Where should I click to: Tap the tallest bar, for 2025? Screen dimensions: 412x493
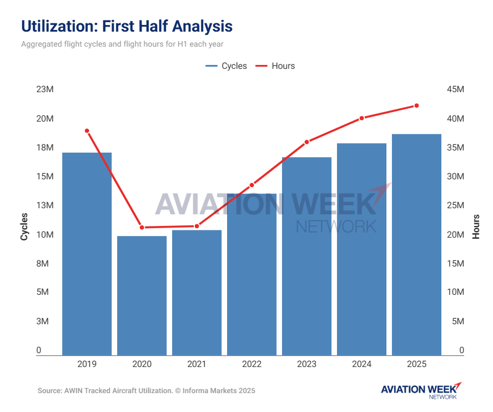(x=416, y=244)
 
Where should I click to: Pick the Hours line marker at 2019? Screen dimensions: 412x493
(x=87, y=130)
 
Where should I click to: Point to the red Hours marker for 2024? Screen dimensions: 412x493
(x=361, y=118)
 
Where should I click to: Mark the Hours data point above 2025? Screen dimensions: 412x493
(x=416, y=105)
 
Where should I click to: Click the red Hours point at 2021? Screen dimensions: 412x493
(x=197, y=226)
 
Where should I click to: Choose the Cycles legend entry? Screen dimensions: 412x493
(x=227, y=66)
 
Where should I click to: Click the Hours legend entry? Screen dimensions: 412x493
(x=275, y=66)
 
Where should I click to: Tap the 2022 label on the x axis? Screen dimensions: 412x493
(x=251, y=364)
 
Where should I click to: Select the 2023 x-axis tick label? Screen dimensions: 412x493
(x=306, y=364)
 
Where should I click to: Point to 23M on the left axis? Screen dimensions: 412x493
(x=29, y=90)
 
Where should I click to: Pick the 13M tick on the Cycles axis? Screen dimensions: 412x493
(x=29, y=205)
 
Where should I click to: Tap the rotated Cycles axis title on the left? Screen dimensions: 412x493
(x=24, y=226)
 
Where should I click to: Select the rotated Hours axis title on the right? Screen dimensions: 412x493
(x=476, y=226)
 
